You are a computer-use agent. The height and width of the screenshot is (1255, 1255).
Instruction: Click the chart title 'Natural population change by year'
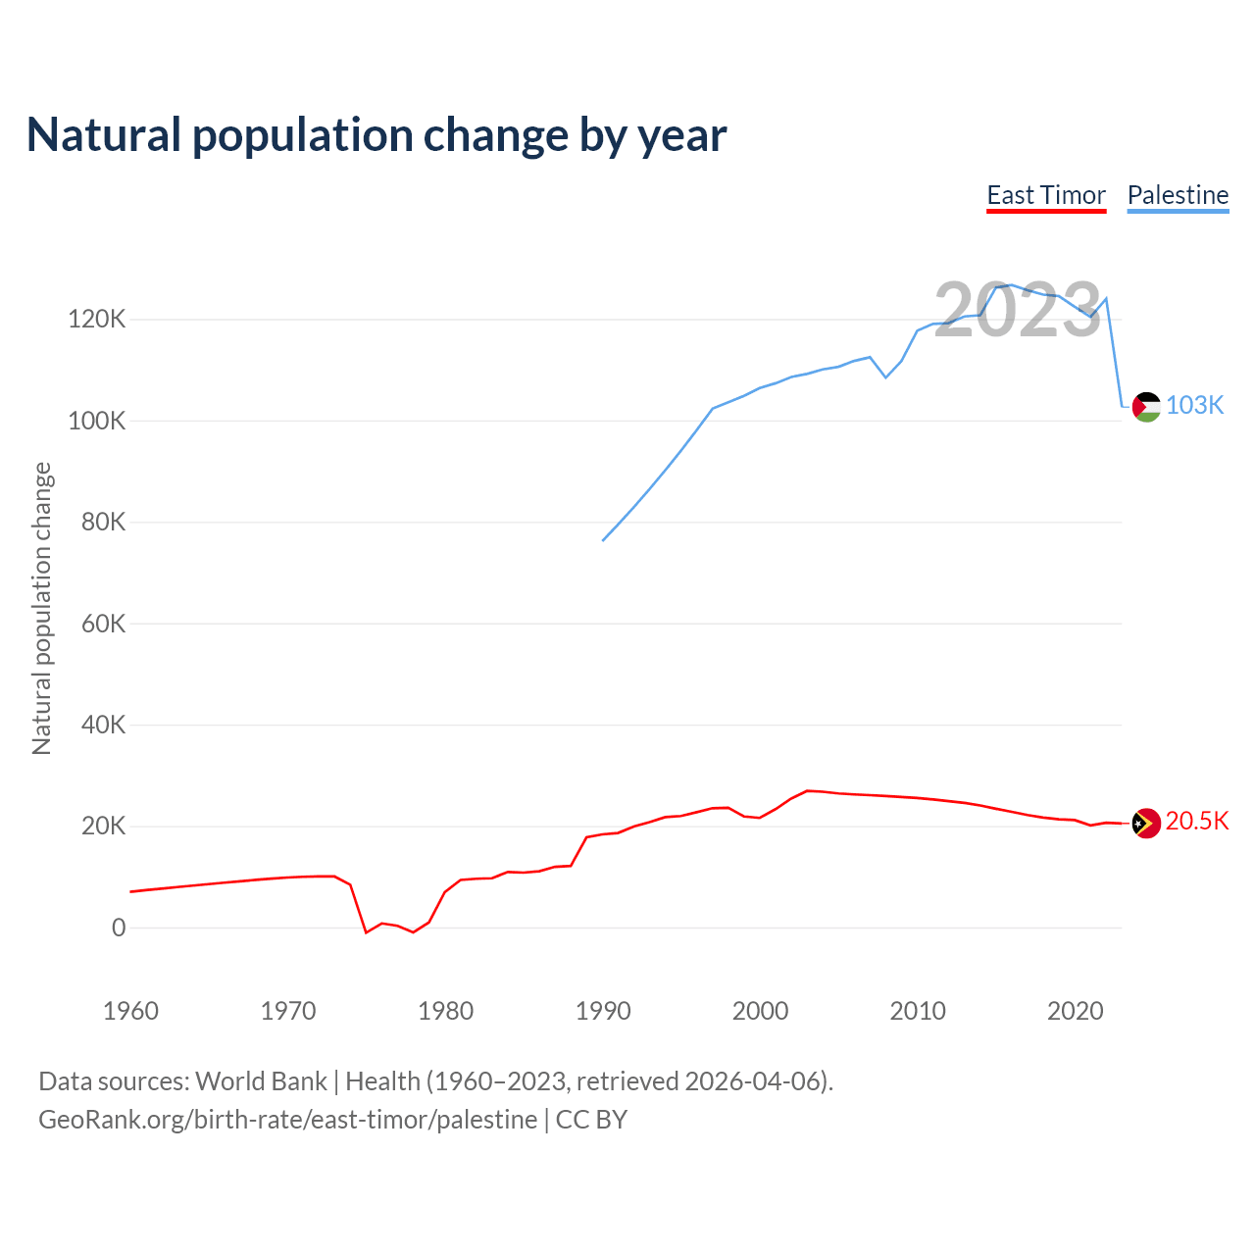point(376,135)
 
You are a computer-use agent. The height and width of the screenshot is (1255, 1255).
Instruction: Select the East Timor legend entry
point(1046,195)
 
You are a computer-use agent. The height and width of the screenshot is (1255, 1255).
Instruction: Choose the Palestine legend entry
point(1178,195)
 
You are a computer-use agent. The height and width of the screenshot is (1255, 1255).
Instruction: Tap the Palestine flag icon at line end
point(1146,406)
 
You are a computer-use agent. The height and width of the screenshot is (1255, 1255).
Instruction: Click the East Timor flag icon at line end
point(1146,824)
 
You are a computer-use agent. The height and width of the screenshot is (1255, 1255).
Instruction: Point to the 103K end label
point(1195,406)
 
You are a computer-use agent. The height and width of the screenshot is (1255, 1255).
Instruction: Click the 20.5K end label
point(1197,822)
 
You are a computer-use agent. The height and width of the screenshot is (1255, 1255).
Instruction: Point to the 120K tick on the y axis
point(96,320)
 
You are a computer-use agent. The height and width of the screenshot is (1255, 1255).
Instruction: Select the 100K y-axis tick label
point(96,422)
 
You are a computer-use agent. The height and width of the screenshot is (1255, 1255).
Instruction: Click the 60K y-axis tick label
point(103,624)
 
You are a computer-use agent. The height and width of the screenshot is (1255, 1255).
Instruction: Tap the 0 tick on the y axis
point(119,928)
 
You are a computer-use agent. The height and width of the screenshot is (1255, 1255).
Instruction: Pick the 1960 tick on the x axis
point(130,1011)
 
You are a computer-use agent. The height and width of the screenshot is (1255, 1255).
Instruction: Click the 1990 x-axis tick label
point(603,1011)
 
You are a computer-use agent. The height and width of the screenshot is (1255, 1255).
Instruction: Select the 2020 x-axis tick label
point(1076,1011)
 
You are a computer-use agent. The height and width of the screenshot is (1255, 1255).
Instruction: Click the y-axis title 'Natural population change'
point(42,609)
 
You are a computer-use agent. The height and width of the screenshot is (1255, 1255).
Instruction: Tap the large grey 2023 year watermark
point(1018,311)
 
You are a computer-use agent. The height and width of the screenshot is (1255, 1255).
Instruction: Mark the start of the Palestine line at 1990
point(603,540)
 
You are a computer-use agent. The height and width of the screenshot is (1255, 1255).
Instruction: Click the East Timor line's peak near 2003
point(807,790)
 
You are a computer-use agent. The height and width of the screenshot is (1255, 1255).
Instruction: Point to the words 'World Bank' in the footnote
point(261,1081)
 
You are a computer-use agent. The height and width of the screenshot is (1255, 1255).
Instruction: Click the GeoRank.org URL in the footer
point(287,1120)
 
